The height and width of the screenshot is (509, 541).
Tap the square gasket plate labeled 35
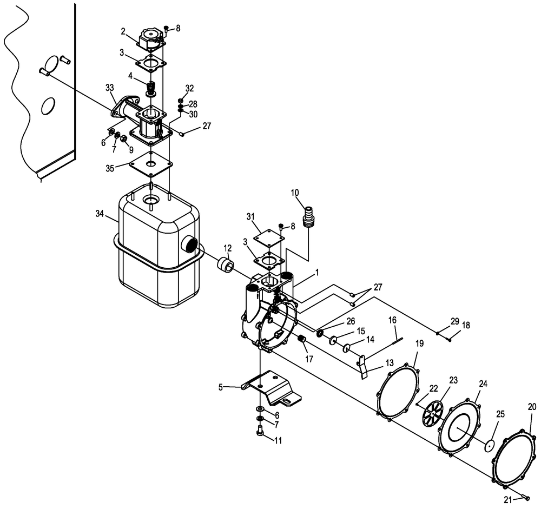pos(151,163)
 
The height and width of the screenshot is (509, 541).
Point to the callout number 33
pos(109,88)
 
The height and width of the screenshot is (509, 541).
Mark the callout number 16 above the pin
pos(393,320)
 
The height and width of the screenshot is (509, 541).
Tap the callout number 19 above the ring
pos(419,343)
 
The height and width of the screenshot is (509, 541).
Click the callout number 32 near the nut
pos(189,88)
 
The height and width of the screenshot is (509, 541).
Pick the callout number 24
pos(483,384)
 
